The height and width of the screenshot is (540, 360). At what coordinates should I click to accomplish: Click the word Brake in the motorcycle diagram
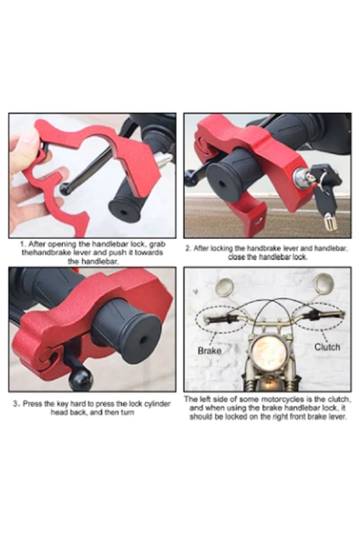[210, 349]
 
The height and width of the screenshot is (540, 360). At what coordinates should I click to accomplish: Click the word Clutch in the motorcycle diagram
[327, 347]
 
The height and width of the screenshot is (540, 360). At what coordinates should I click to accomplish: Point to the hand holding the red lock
[25, 173]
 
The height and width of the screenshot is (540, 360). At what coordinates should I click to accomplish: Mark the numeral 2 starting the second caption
[188, 248]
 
